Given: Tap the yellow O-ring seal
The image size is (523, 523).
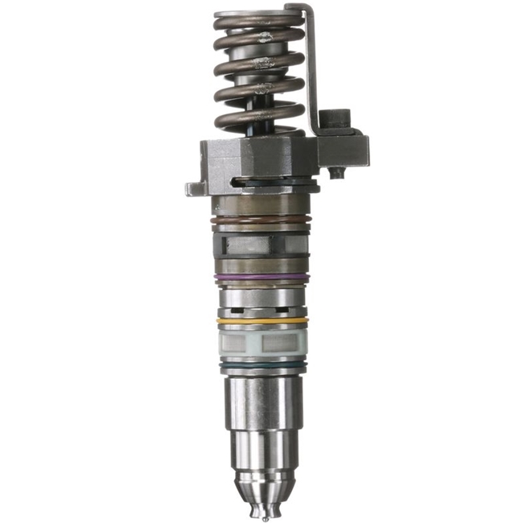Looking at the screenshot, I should point(261,320).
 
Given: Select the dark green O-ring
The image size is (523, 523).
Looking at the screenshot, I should point(261,367).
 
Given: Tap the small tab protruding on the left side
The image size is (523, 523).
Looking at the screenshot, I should point(193,188).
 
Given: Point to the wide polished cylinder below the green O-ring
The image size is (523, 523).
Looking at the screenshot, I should point(260,402).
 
